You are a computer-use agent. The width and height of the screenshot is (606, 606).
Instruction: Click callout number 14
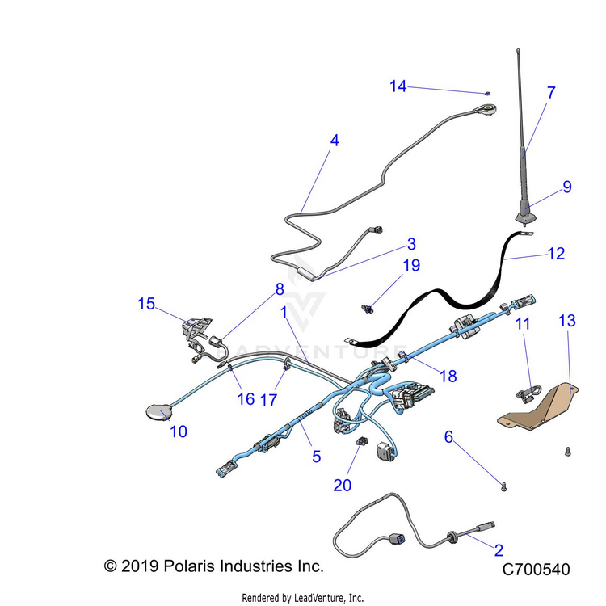tap(398, 86)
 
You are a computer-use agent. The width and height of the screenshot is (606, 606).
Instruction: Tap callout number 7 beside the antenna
tap(551, 92)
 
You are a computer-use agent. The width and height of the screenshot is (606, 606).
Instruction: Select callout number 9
tap(567, 187)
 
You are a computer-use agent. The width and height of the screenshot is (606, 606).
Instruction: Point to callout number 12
tap(556, 253)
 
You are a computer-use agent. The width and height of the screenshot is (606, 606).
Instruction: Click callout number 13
tap(567, 321)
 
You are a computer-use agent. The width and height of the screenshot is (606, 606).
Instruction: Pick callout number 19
tap(411, 265)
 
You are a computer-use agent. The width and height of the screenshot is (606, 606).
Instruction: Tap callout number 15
tap(145, 304)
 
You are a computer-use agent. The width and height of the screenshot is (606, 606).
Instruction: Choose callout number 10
tap(179, 431)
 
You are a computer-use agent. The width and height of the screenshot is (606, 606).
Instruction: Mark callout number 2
tap(499, 550)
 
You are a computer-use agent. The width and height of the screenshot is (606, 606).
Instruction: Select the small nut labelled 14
tap(489, 94)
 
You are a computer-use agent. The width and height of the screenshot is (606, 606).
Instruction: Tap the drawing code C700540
tap(536, 570)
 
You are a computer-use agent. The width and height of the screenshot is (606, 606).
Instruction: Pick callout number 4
tap(335, 140)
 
